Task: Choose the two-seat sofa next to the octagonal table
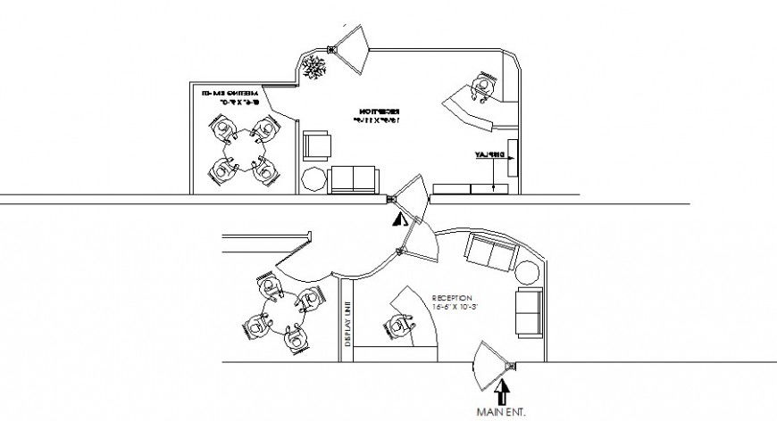point(354,179)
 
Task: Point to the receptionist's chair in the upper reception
point(484,87)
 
